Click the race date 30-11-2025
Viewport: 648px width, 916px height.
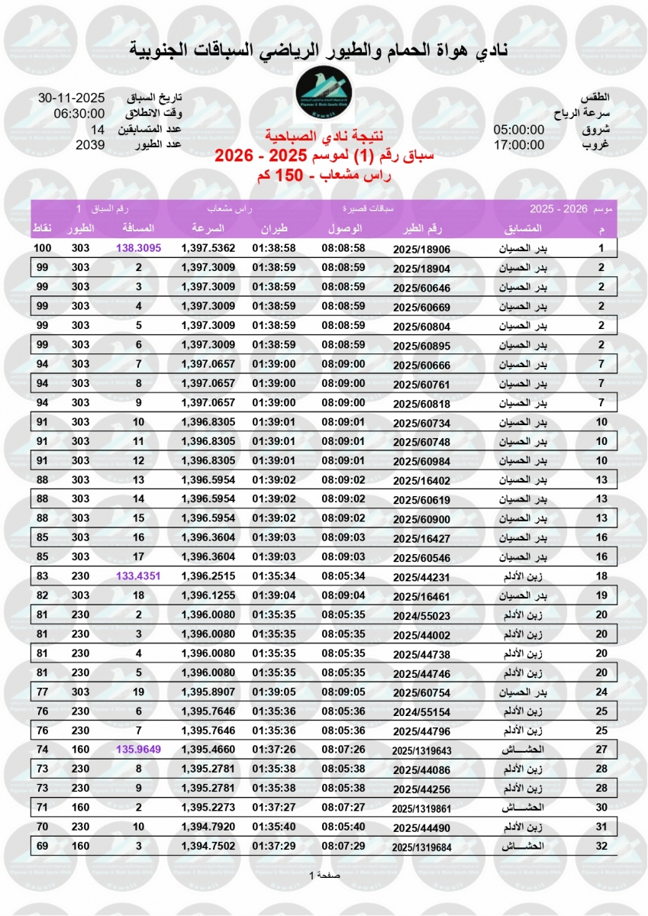(x=71, y=98)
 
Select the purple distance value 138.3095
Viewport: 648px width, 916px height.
(x=139, y=248)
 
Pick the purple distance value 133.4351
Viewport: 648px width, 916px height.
(x=139, y=576)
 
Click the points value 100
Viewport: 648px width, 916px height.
(x=42, y=248)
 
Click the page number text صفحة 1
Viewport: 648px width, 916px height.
(x=324, y=875)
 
